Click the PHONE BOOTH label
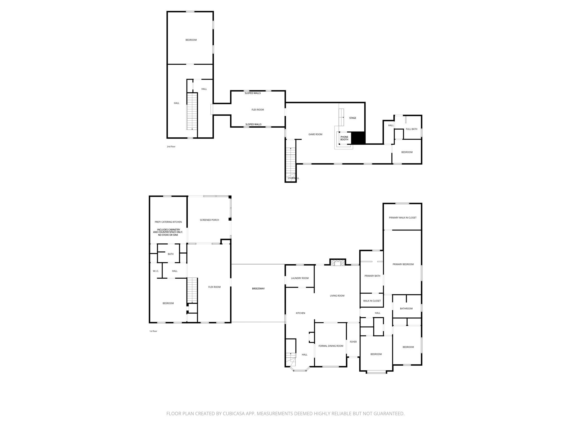click(344, 138)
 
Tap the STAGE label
click(352, 118)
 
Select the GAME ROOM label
click(315, 134)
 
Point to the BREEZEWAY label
click(258, 288)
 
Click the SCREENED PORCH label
click(209, 220)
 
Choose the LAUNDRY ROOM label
click(300, 278)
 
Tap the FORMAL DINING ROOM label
click(331, 346)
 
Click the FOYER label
click(353, 342)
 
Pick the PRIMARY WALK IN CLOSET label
click(403, 218)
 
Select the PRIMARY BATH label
click(372, 276)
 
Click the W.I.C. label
click(156, 271)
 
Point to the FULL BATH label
click(411, 129)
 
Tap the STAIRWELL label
click(293, 178)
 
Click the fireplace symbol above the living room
click(338, 262)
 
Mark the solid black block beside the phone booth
click(358, 138)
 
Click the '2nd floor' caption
click(171, 147)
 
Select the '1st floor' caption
click(153, 331)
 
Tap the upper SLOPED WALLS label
click(253, 93)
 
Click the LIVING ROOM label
click(337, 296)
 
